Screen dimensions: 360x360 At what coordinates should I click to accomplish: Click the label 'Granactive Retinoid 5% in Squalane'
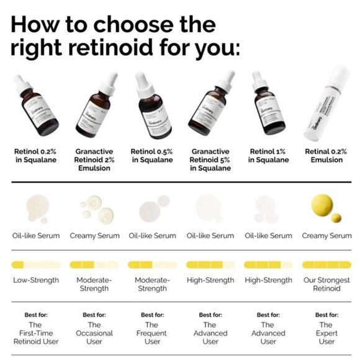click(210, 160)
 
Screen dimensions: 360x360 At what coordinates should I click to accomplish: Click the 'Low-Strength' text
click(36, 280)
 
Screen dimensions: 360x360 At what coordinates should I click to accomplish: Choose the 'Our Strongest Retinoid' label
click(326, 284)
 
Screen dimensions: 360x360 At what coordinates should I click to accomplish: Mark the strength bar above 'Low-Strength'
click(36, 264)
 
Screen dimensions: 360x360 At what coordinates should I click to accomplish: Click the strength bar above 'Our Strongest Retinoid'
click(326, 264)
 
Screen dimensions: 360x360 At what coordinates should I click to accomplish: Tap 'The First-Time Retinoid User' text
click(36, 333)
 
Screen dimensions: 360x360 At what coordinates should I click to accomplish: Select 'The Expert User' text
click(326, 333)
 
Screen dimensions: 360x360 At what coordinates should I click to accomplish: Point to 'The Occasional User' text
click(94, 333)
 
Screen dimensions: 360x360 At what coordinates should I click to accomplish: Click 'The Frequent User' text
click(151, 333)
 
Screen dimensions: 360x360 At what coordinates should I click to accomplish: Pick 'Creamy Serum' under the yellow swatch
click(326, 235)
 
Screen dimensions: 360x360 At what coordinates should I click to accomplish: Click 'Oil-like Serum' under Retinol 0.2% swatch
click(36, 235)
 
